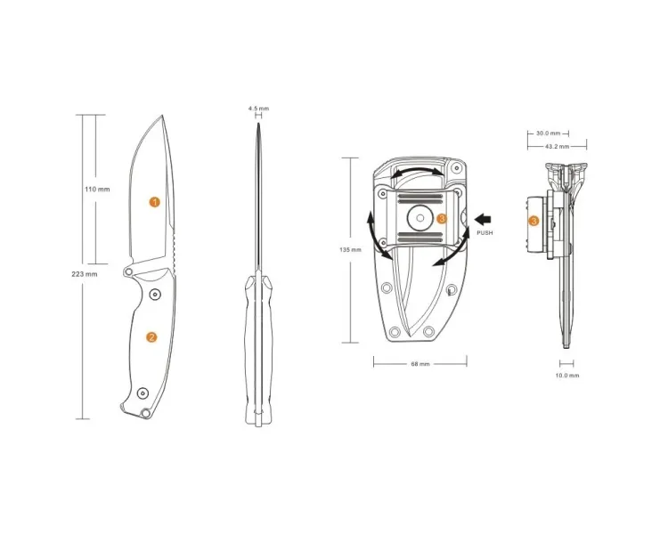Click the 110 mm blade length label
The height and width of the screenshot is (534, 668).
click(x=97, y=189)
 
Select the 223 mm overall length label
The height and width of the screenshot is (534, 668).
click(x=85, y=274)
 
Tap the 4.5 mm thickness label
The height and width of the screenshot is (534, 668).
click(x=258, y=109)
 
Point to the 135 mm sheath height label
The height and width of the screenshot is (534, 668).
click(x=350, y=250)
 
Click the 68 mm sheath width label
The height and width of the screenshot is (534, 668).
click(x=420, y=364)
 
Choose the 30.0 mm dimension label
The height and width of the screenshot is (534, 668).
click(x=548, y=133)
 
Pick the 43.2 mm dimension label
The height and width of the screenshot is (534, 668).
click(x=557, y=147)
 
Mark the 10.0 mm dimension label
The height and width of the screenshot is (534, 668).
click(x=567, y=376)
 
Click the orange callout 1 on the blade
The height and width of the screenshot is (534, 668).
click(x=155, y=202)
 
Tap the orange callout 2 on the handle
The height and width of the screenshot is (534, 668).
click(x=151, y=337)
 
